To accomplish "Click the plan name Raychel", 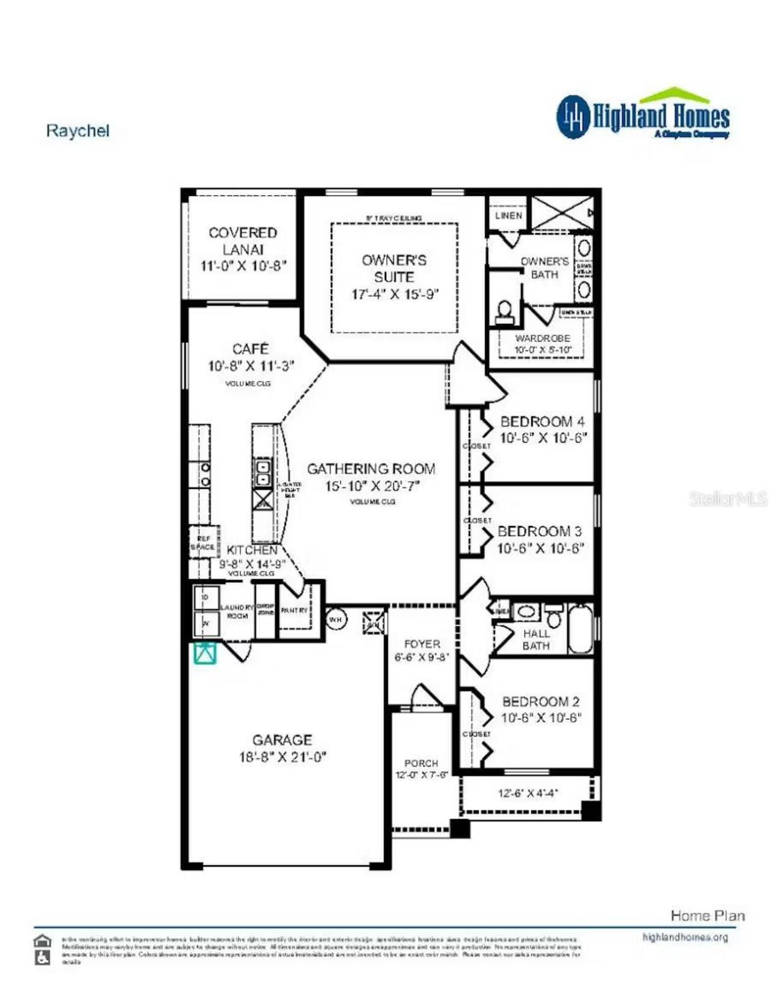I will [x=78, y=131].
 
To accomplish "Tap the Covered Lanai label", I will [x=243, y=240].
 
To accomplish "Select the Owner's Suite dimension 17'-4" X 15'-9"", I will [x=395, y=295].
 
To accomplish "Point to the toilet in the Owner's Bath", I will [x=505, y=311].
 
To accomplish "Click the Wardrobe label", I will [x=542, y=339].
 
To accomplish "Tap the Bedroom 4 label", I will [x=542, y=422].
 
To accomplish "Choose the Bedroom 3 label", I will [x=540, y=531].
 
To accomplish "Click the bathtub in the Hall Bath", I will [x=580, y=629].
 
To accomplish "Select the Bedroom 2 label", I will [x=541, y=702].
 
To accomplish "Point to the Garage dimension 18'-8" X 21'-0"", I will [x=282, y=757].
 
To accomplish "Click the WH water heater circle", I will [x=336, y=619].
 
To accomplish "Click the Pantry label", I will [x=295, y=610].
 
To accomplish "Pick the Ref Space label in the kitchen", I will [x=203, y=543].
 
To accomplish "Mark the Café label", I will [x=251, y=349].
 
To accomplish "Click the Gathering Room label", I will [x=371, y=469].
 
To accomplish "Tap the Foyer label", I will [x=422, y=644].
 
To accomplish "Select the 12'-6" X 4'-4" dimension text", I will [x=528, y=793].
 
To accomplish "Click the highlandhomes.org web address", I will [x=685, y=937].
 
